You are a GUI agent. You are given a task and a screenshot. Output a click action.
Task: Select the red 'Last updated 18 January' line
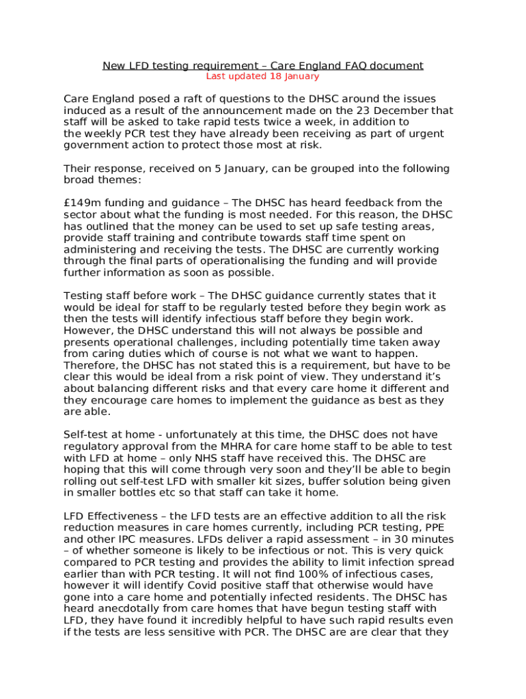(x=263, y=76)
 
